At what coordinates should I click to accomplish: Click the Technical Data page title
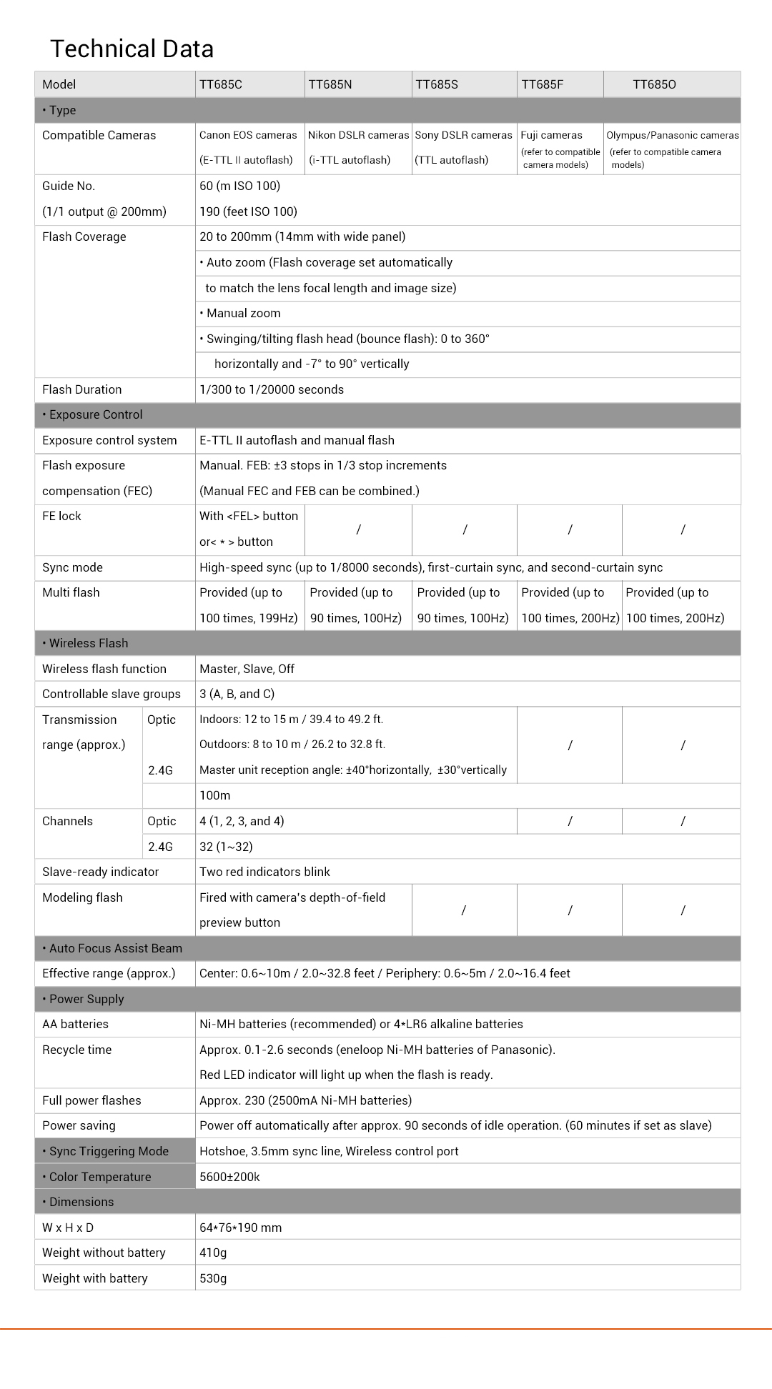pyautogui.click(x=132, y=49)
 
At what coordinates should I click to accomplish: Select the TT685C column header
pyautogui.click(x=221, y=84)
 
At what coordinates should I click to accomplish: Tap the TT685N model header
pyautogui.click(x=330, y=84)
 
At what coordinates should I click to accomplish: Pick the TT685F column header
pyautogui.click(x=543, y=84)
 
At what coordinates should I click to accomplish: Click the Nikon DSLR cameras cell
pyautogui.click(x=358, y=135)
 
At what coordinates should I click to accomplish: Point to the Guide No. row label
pyautogui.click(x=69, y=186)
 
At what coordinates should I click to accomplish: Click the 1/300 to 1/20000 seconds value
pyautogui.click(x=272, y=389)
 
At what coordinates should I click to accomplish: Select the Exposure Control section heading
pyautogui.click(x=96, y=414)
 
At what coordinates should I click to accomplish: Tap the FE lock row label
pyautogui.click(x=61, y=516)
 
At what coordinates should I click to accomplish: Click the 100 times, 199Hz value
pyautogui.click(x=248, y=618)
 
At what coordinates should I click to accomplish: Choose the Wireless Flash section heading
pyautogui.click(x=89, y=643)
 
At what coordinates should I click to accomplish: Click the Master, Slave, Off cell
pyautogui.click(x=247, y=669)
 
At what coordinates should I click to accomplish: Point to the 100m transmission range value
pyautogui.click(x=214, y=795)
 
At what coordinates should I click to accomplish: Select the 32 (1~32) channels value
pyautogui.click(x=226, y=847)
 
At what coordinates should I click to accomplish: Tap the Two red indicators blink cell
pyautogui.click(x=264, y=872)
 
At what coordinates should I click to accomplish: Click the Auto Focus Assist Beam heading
pyautogui.click(x=115, y=948)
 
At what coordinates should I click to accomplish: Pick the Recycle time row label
pyautogui.click(x=77, y=1050)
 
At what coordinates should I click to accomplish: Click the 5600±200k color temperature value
pyautogui.click(x=229, y=1177)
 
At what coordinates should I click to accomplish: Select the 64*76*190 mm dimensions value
pyautogui.click(x=240, y=1228)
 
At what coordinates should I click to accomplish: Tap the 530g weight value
pyautogui.click(x=213, y=1278)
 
